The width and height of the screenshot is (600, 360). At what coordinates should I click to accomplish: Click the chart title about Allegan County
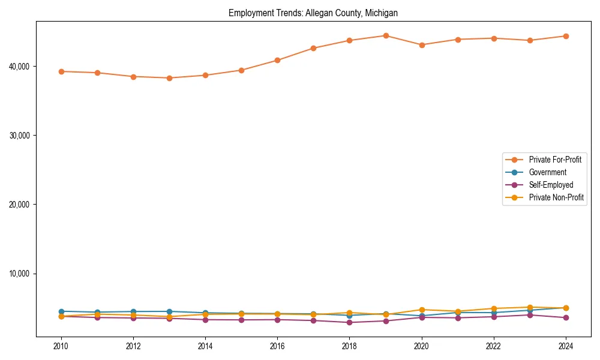313,13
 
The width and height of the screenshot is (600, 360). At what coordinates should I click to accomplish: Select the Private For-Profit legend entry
551,160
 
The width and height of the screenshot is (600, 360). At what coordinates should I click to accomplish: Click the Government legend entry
547,172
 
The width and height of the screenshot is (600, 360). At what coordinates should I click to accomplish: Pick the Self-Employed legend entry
551,185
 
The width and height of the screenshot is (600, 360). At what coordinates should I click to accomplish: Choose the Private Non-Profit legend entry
556,197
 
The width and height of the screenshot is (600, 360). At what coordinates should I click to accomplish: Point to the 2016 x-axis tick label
277,346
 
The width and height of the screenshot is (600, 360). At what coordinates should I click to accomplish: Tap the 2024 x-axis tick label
565,346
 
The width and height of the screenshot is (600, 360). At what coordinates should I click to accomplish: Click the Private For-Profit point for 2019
386,35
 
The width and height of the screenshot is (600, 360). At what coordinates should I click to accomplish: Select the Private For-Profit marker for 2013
169,78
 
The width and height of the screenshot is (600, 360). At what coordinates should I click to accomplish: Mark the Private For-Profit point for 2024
565,36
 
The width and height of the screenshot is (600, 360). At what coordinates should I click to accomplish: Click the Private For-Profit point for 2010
61,71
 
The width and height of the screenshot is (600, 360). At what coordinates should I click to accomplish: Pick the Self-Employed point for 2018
349,322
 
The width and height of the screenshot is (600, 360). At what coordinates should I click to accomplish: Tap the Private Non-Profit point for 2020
422,310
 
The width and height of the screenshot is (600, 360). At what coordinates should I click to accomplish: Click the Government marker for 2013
169,311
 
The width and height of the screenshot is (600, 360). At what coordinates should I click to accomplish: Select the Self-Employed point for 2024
565,317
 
